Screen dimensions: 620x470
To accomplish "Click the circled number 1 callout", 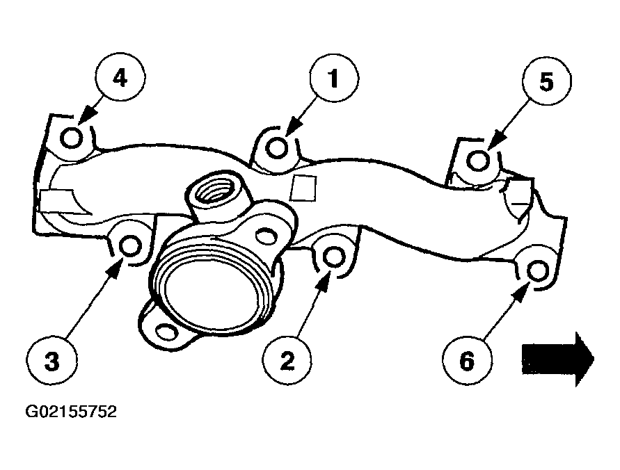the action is [x=334, y=78].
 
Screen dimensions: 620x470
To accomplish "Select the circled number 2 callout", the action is [x=287, y=360].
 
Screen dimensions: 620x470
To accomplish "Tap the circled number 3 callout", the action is [x=52, y=361].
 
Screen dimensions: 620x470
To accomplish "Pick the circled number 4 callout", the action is [x=120, y=77].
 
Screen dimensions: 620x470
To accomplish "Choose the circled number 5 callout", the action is [x=546, y=81].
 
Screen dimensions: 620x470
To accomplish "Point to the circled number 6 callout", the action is [x=467, y=361].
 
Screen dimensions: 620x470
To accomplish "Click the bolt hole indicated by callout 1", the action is [x=276, y=147].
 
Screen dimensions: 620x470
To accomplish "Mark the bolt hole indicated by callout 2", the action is [x=334, y=257].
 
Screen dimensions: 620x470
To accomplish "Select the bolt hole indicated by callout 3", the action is [x=131, y=246].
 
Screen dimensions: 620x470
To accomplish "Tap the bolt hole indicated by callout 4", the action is [x=72, y=138].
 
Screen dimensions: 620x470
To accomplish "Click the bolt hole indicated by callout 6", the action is [x=538, y=271].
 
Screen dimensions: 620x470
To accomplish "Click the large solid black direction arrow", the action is [x=558, y=359].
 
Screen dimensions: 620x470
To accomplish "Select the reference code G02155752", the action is [x=71, y=412].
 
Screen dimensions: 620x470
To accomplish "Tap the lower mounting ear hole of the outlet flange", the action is [x=166, y=331].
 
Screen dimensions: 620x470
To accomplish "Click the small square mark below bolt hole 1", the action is [x=303, y=188].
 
